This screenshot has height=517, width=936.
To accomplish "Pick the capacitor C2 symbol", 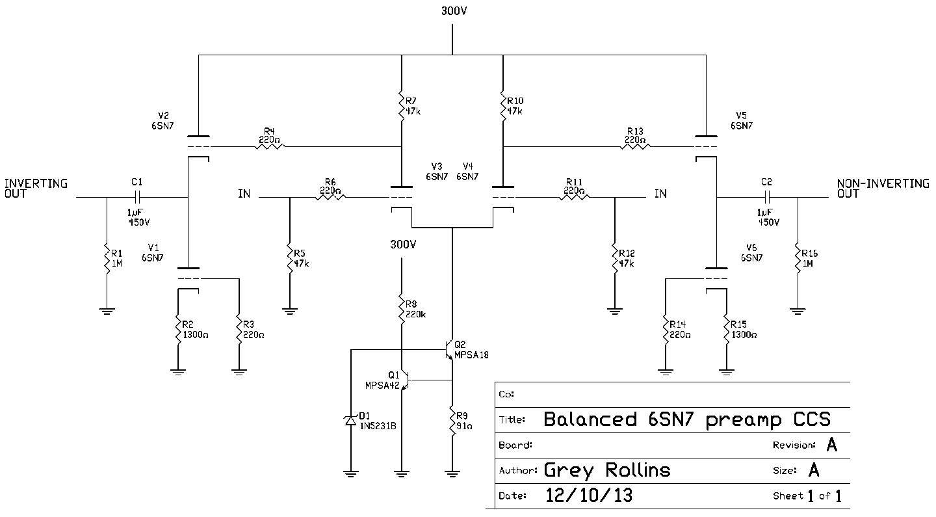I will tap(767, 196).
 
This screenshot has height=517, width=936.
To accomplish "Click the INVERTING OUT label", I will tap(36, 189).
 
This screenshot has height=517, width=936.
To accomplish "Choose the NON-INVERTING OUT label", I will tap(883, 189).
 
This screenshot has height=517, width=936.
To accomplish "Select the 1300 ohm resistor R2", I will tap(177, 330).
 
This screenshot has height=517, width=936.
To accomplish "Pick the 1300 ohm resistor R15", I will tap(726, 330).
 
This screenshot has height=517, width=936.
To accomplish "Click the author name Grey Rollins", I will tap(606, 470).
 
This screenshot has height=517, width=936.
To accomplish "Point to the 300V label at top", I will tap(453, 12).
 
